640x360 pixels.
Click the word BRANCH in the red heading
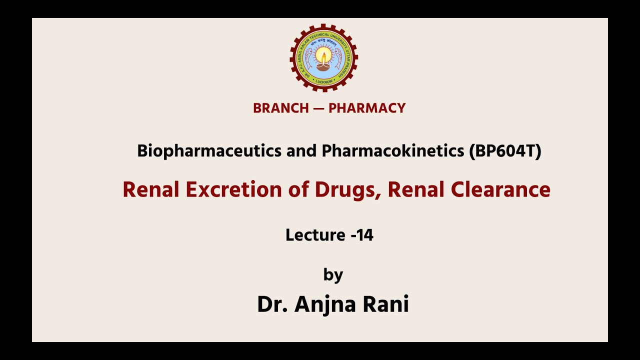point(281,108)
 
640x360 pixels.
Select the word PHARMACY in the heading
point(367,108)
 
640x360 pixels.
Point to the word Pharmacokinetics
point(393,151)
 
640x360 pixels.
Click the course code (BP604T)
point(505,151)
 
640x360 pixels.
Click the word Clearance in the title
point(500,190)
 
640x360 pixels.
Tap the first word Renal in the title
point(151,190)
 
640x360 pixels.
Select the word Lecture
point(315,235)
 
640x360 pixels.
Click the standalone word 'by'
point(333,275)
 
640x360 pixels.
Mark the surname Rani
point(388,304)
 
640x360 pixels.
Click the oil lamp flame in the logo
point(324,54)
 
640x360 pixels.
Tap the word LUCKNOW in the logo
point(324,81)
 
